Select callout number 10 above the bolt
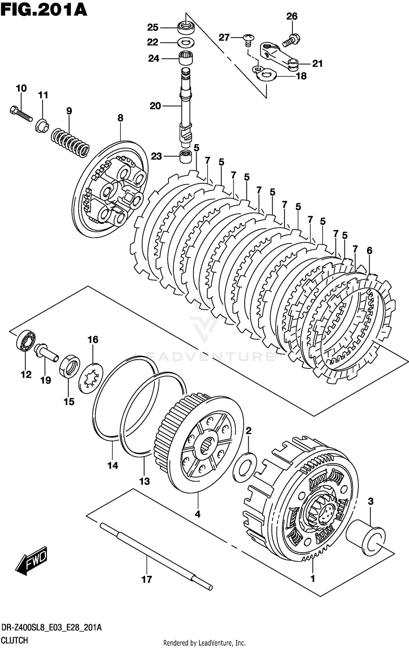click(21, 88)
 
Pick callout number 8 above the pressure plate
click(120, 118)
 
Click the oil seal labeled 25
click(186, 28)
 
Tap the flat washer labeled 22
click(186, 43)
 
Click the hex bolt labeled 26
click(291, 40)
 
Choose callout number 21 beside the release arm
click(317, 63)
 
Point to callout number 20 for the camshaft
click(155, 106)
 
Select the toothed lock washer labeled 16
click(91, 378)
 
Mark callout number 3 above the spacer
click(371, 501)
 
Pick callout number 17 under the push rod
click(147, 579)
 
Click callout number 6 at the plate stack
click(369, 250)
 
